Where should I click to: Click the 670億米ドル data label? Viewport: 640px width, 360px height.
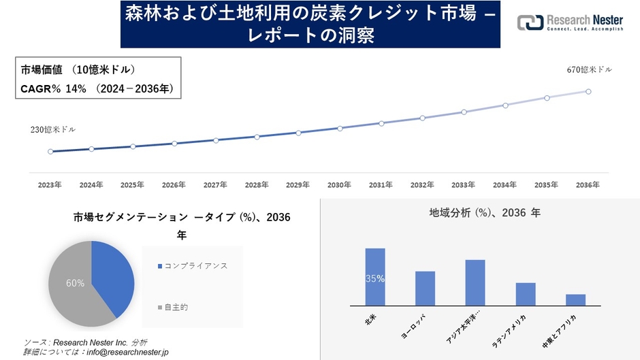point(589,70)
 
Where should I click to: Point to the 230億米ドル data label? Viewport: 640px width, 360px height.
point(52,129)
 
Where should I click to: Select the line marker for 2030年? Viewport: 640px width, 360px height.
point(340,128)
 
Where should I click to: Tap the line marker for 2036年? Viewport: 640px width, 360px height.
point(588,91)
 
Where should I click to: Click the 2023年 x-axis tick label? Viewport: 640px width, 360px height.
point(50,184)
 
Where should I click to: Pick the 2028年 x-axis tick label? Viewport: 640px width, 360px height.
point(257,184)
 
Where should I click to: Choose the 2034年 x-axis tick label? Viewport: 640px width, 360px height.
point(505,184)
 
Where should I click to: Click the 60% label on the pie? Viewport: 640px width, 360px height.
point(75,282)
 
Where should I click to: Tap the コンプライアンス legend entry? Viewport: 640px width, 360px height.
point(195,266)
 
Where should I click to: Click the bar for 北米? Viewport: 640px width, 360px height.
point(375,277)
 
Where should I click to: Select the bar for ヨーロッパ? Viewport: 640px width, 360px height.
point(425,289)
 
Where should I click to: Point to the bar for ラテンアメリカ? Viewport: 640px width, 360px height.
point(526,294)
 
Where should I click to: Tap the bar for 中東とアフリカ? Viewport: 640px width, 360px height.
point(575,299)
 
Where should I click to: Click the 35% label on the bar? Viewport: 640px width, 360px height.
point(375,278)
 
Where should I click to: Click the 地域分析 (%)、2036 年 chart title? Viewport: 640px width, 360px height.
point(484,213)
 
